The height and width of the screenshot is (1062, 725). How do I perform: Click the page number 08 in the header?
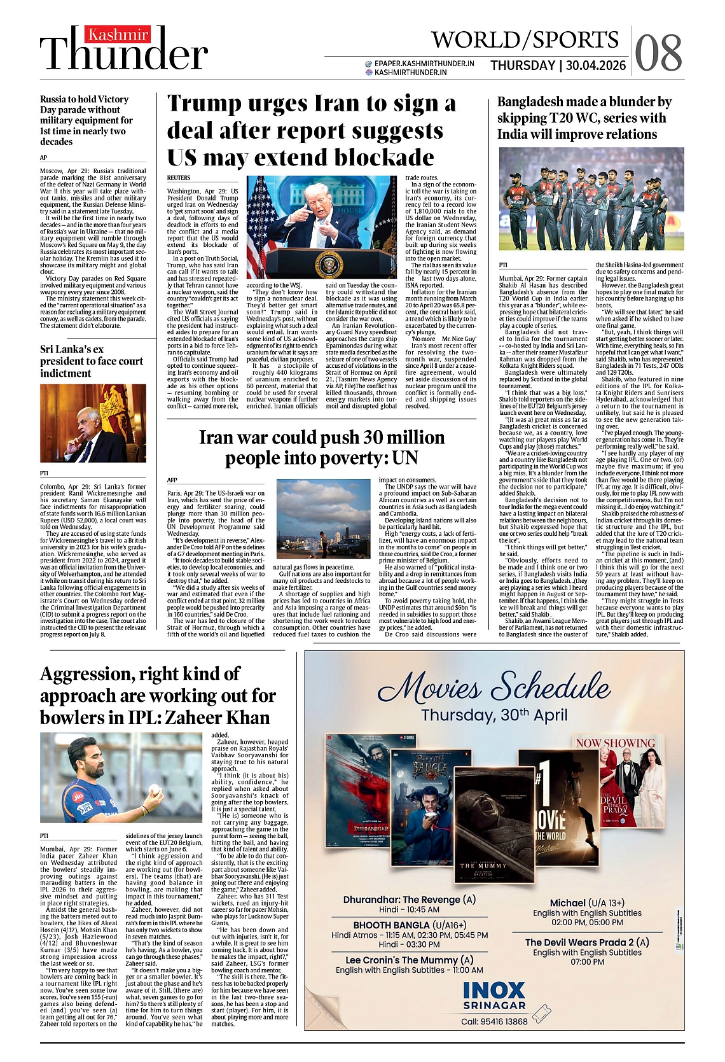point(658,53)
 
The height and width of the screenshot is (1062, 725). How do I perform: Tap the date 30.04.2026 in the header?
point(596,66)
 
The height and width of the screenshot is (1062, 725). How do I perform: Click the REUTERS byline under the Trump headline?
point(179,178)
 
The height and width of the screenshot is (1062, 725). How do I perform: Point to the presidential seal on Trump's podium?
point(329,266)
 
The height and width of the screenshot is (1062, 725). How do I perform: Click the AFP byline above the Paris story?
point(172,480)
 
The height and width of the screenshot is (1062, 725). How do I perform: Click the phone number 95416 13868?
point(504,1021)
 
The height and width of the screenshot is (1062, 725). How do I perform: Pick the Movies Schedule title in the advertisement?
point(494,687)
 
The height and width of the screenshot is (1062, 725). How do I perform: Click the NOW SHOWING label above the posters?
point(615,743)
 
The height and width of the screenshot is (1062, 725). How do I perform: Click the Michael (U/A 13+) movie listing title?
point(587,902)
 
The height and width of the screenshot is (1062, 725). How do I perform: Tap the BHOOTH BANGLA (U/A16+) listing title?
point(410,925)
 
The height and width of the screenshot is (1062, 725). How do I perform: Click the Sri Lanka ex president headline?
point(92,361)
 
